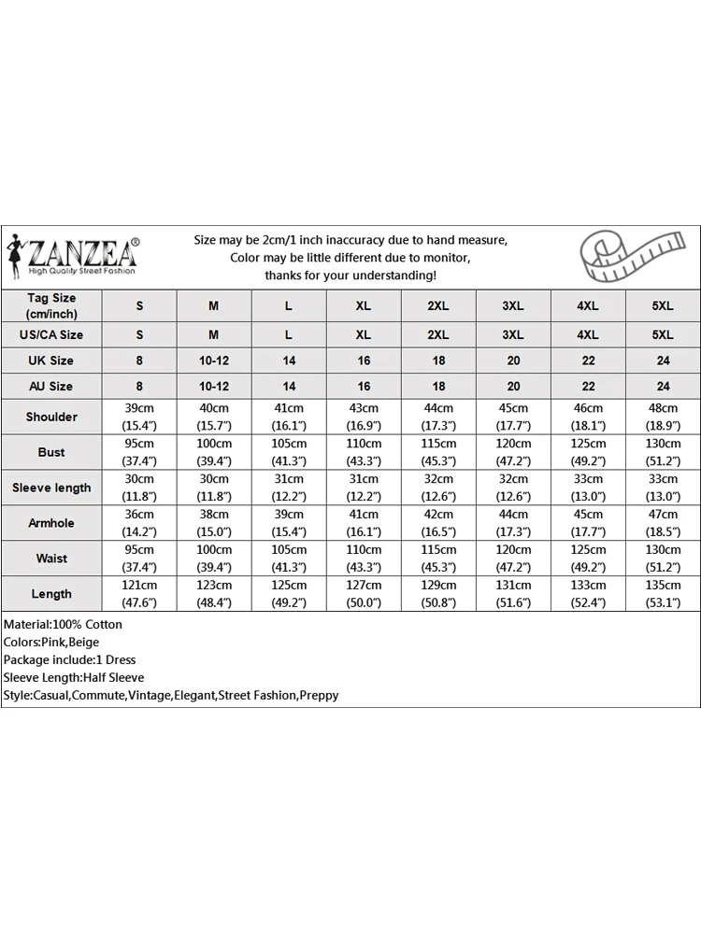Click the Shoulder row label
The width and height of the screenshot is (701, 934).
(x=51, y=417)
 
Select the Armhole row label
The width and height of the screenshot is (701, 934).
(x=51, y=523)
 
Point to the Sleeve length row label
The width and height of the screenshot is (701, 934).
(x=51, y=488)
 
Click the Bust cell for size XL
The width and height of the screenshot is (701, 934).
(x=364, y=452)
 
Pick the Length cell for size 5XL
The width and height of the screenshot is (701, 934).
(x=663, y=594)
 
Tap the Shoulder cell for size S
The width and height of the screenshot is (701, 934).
(x=139, y=417)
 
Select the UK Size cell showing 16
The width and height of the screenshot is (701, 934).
(x=364, y=361)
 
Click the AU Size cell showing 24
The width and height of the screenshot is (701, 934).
(x=663, y=386)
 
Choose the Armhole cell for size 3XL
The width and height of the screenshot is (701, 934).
(x=513, y=523)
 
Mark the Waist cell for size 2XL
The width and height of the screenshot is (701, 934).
(x=438, y=559)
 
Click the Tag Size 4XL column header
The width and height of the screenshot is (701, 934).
(x=588, y=306)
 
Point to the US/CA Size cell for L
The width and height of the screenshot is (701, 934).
(x=289, y=334)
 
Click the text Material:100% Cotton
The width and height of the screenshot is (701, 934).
(x=63, y=624)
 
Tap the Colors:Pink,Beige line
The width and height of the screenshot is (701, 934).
(x=51, y=642)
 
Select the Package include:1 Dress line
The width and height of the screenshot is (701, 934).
(x=69, y=659)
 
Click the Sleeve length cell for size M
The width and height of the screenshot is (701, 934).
(x=214, y=488)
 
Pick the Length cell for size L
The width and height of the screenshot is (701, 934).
(x=289, y=594)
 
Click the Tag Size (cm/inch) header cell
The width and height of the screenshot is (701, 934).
(x=51, y=305)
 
